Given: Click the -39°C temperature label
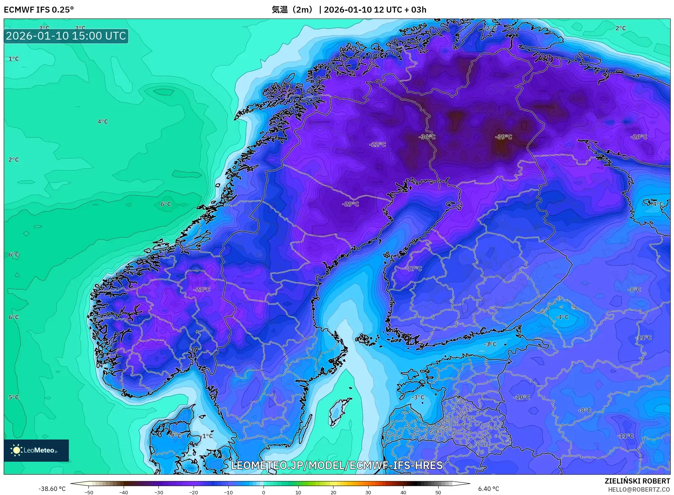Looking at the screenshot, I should tap(503, 137).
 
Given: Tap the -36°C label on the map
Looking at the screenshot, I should tap(427, 137).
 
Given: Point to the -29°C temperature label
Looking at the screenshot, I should tap(350, 204).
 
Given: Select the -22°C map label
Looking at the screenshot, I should tap(377, 144).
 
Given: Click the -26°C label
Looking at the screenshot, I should tap(638, 137).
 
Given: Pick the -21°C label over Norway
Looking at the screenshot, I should tap(202, 289).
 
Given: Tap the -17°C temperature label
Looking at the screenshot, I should tap(413, 269).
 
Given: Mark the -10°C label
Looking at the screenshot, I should tap(522, 397).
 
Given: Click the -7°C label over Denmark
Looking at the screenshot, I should tap(175, 436).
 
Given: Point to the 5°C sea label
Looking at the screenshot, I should tap(14, 397).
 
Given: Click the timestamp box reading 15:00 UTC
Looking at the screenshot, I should tap(66, 36).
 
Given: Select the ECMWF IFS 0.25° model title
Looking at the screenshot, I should tap(39, 10).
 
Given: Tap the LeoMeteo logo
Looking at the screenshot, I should tap(36, 450).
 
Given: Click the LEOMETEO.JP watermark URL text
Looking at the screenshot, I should tap(337, 465).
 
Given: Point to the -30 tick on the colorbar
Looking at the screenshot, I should tap(158, 492).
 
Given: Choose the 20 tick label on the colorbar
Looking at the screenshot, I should tap(333, 492).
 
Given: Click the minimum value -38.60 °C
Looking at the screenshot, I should tap(52, 489).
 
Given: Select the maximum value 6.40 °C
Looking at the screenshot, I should tap(489, 489).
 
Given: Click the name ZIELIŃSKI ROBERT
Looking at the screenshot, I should tap(637, 481).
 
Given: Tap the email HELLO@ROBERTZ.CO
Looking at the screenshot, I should tap(638, 489).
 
